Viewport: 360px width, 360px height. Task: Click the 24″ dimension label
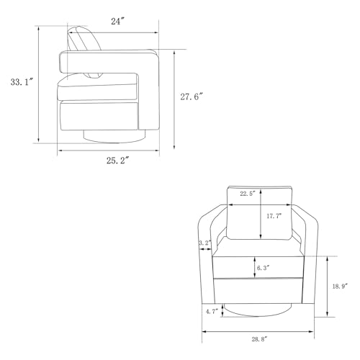point(117,22)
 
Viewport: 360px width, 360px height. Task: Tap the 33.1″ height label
point(22,82)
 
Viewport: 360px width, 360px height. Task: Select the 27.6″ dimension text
point(192,96)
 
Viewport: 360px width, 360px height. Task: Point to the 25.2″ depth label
point(118,161)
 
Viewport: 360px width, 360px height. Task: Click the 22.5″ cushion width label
point(248,194)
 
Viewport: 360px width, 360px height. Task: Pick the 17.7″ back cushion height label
point(274,216)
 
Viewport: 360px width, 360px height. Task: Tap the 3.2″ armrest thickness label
point(205,243)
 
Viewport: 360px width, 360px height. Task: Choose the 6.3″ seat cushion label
point(264,268)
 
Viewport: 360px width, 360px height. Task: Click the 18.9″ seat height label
point(340,286)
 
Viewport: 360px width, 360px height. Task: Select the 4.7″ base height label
point(212,312)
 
